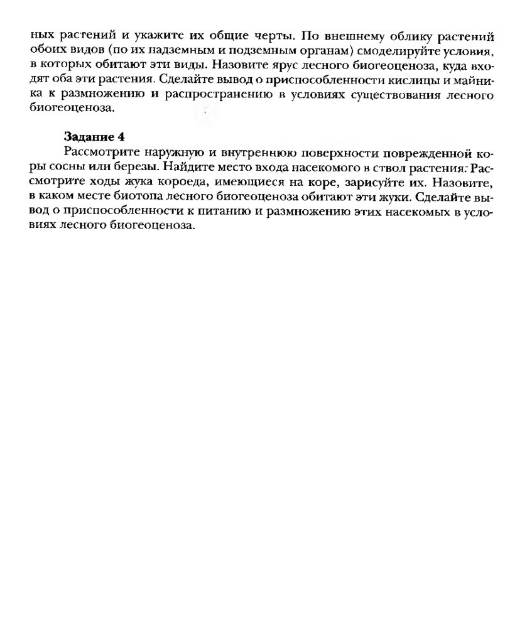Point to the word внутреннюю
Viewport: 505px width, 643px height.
253,153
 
